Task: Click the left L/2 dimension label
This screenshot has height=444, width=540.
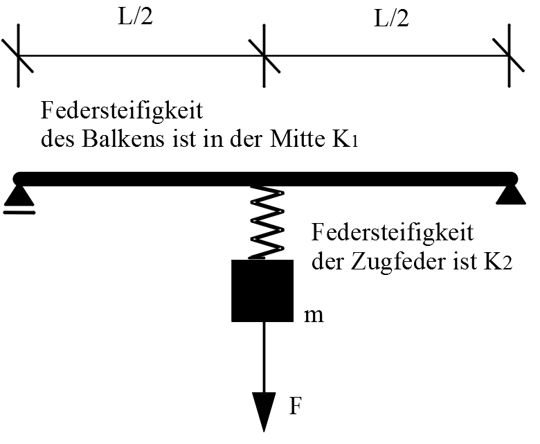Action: tap(135, 19)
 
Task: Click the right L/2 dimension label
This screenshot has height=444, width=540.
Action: tap(392, 19)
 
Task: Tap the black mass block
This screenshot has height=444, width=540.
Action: tap(262, 291)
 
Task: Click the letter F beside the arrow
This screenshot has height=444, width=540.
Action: tap(296, 406)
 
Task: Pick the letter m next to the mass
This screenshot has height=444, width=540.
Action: tap(314, 316)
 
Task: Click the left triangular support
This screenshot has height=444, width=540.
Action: tap(19, 197)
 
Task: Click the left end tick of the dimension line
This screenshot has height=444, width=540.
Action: tap(18, 55)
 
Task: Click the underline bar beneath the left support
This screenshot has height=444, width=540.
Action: tap(19, 212)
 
